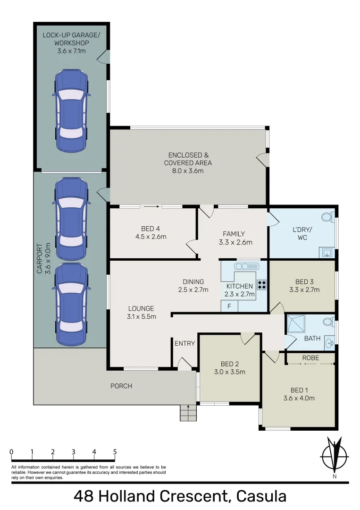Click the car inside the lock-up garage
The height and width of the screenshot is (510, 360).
click(71, 110)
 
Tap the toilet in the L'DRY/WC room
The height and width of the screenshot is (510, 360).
click(327, 217)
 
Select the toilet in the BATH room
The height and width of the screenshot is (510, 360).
click(328, 322)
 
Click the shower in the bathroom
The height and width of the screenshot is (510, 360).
click(296, 323)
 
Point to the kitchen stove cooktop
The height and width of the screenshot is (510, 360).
click(261, 285)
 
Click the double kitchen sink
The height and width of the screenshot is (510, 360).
click(247, 267)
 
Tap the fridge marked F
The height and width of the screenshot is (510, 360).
click(229, 306)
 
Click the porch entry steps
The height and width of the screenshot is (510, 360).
click(188, 413)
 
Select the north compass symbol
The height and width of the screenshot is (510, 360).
click(335, 457)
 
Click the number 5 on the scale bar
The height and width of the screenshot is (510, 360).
click(115, 452)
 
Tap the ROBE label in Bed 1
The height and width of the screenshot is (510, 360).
click(310, 358)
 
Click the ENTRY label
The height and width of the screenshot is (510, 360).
click(184, 343)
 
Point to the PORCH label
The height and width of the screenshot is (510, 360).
click(121, 386)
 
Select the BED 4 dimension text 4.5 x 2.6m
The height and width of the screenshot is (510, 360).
click(151, 237)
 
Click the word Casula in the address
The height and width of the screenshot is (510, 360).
click(261, 496)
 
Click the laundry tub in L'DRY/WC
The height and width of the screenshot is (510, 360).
click(327, 252)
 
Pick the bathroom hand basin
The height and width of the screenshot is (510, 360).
click(329, 342)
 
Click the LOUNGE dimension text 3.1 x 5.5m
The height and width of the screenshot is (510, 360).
click(142, 316)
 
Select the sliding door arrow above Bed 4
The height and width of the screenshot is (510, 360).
click(151, 206)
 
